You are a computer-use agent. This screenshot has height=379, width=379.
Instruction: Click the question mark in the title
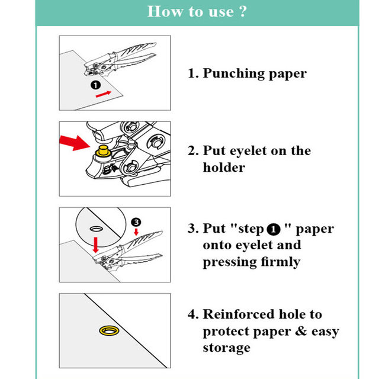point(242,12)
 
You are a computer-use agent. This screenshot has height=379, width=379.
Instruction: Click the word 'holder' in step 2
point(223,168)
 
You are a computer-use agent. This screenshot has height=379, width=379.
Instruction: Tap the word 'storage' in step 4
point(226,348)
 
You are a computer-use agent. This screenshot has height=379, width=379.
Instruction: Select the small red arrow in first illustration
point(102,93)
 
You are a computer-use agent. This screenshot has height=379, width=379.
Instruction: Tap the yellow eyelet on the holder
point(102,150)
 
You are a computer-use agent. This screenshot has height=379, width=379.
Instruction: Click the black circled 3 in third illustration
point(136,221)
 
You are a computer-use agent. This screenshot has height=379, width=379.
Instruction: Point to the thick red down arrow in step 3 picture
point(96,243)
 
